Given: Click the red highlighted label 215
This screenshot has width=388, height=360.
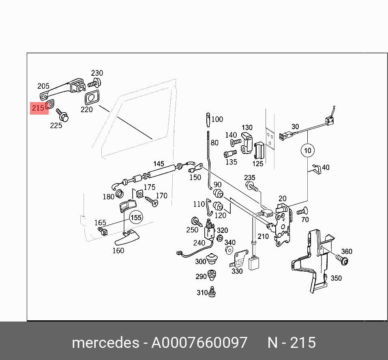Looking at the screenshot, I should (38, 108).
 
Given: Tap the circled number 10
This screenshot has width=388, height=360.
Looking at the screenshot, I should (308, 151).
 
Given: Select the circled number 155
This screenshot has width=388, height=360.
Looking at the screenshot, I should (136, 217).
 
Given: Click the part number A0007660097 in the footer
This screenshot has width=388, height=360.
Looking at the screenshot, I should (199, 343).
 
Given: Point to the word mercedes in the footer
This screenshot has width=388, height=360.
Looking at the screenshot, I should (105, 343).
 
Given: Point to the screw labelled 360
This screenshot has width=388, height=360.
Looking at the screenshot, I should (343, 260).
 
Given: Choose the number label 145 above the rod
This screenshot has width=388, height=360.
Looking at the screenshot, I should (159, 164).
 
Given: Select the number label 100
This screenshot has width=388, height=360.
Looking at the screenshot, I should (217, 119).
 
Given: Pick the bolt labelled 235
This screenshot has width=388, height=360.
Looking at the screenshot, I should (251, 186).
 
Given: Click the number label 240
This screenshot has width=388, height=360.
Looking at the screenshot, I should (199, 243).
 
